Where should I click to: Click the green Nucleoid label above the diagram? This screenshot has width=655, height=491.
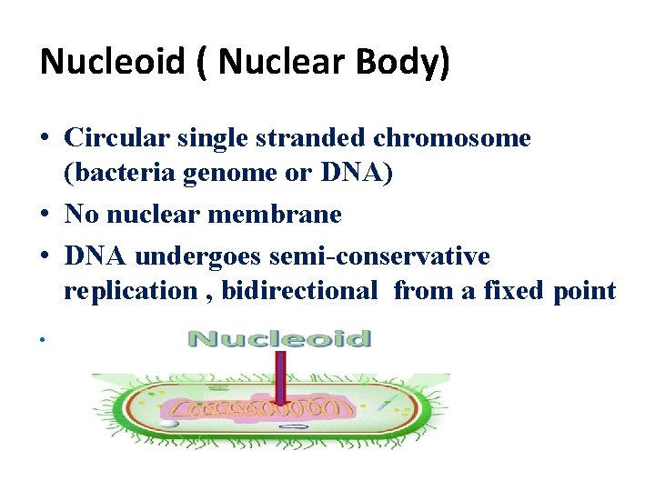point(278,339)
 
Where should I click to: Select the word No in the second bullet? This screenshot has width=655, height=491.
point(82,215)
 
